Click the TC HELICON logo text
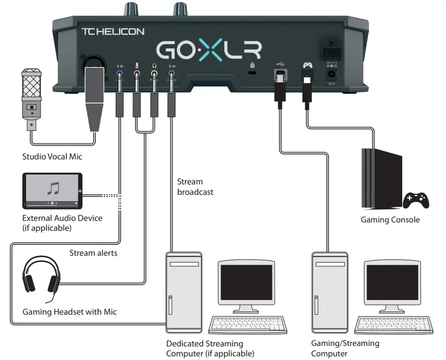(113, 31)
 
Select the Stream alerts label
(93, 253)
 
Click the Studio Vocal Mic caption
(52, 156)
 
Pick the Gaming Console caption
(390, 220)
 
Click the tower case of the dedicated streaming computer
(182, 292)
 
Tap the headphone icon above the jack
(154, 66)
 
